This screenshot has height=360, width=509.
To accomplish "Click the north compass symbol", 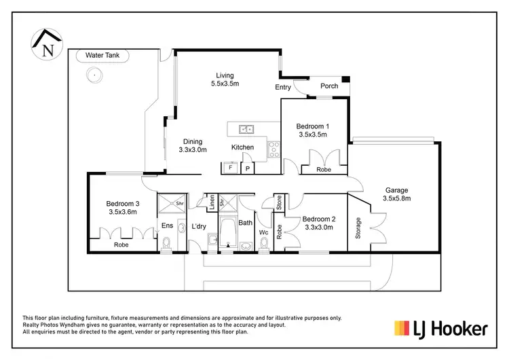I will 47,44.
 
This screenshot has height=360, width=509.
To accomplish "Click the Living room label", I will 225,75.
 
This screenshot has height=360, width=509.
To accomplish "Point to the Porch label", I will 329,86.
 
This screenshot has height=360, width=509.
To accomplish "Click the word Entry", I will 283,87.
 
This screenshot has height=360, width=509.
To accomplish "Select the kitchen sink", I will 245,128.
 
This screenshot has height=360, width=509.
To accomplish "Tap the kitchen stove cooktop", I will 274,148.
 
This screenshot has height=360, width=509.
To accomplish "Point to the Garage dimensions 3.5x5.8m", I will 398,199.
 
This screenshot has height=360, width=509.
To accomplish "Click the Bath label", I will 245,222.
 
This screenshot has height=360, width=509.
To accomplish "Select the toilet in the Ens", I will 167,244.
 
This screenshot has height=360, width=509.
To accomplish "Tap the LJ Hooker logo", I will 440,329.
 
